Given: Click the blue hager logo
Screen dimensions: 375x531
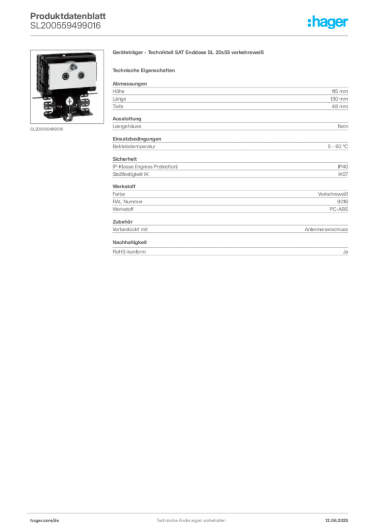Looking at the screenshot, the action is coord(328,23).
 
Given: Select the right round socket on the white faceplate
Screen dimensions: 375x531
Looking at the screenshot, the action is coord(81,76).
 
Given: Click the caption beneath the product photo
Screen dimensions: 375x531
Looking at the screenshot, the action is coord(48,129).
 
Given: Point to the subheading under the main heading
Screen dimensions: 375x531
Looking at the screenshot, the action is coord(145,69).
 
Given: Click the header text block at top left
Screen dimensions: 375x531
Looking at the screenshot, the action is coord(67,21).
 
